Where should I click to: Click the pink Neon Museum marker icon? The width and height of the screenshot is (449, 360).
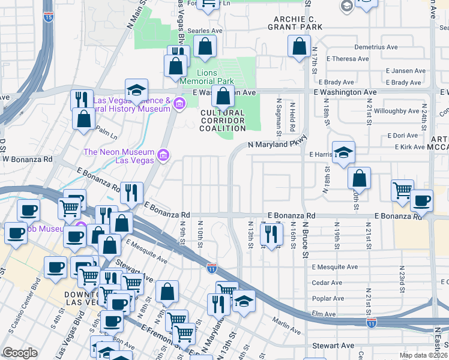click(162, 156)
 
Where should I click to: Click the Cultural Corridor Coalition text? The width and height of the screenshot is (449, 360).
click(223, 121)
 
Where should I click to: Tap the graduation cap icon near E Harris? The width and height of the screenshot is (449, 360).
click(343, 153)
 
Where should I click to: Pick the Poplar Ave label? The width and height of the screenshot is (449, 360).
click(327, 298)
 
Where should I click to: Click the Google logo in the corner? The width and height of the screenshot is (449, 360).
click(20, 353)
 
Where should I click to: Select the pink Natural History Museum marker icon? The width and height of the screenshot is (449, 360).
click(179, 105)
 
